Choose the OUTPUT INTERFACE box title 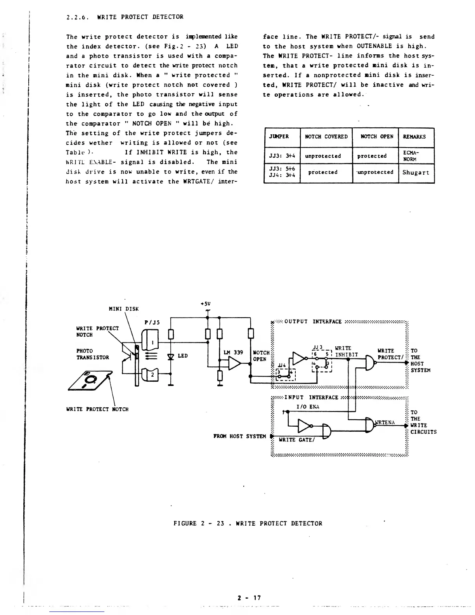(x=313, y=321)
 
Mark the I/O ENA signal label (x=307, y=407)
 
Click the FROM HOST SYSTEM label (x=239, y=436)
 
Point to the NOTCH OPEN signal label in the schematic (x=261, y=356)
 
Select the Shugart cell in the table (x=416, y=172)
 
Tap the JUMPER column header (x=279, y=137)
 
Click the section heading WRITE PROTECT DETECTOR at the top (x=140, y=17)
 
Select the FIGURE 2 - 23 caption (x=248, y=523)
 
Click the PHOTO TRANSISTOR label (x=93, y=354)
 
